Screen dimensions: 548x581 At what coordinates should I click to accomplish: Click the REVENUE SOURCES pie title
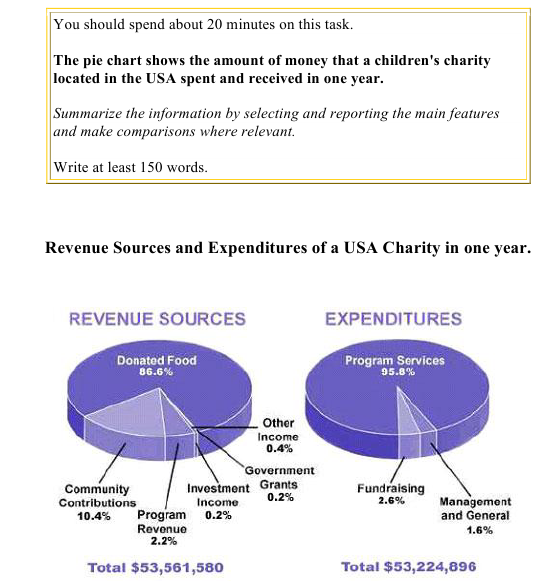(x=157, y=319)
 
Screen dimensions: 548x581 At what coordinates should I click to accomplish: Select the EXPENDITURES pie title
(x=393, y=319)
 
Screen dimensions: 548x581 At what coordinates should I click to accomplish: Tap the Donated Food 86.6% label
(x=157, y=366)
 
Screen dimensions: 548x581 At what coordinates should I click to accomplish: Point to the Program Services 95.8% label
(x=395, y=366)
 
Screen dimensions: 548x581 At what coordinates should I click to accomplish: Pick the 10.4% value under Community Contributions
(x=94, y=516)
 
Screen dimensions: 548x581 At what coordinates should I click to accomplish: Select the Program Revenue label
(x=162, y=522)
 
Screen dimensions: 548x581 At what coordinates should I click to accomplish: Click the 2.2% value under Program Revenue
(x=164, y=541)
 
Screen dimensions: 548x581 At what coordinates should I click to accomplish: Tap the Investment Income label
(x=218, y=495)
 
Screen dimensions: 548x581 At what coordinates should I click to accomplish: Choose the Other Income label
(x=278, y=430)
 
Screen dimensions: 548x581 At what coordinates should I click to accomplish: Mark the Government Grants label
(x=279, y=477)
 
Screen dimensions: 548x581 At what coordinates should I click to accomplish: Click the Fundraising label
(x=391, y=488)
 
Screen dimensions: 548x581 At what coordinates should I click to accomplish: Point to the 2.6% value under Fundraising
(x=391, y=501)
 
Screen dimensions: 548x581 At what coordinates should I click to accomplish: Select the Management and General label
(x=475, y=508)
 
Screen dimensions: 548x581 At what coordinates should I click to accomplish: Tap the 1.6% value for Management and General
(x=480, y=530)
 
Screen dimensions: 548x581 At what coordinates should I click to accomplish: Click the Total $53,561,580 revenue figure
(x=156, y=568)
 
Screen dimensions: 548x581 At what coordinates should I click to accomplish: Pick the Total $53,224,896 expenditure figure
(x=409, y=567)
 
